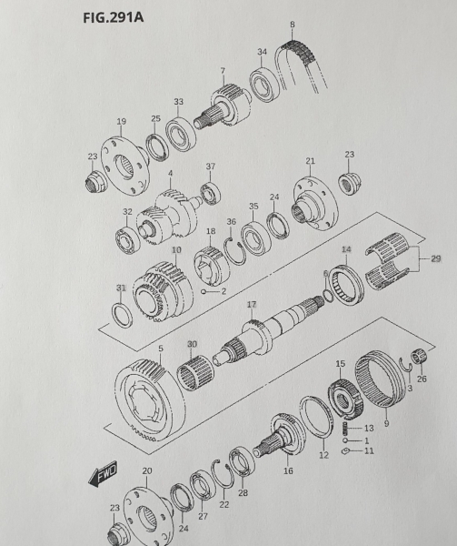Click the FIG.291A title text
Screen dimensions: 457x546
[x=113, y=17]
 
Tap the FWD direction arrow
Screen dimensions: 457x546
[x=103, y=474]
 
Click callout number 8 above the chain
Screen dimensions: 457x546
[x=293, y=25]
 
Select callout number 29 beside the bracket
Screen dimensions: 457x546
[x=436, y=258]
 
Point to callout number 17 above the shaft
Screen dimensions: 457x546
[x=252, y=305]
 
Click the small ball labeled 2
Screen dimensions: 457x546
[x=204, y=291]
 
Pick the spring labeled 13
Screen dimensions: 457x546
[x=345, y=429]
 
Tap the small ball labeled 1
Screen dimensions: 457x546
[x=345, y=440]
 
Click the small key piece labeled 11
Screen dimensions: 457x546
[x=345, y=451]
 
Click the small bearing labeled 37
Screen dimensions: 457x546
[x=211, y=193]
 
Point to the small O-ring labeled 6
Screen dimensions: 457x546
[x=327, y=296]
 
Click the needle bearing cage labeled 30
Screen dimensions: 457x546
[x=195, y=373]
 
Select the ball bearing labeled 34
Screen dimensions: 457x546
[x=264, y=85]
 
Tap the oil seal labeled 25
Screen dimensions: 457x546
[x=157, y=147]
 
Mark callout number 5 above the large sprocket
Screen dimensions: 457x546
[x=161, y=349]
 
